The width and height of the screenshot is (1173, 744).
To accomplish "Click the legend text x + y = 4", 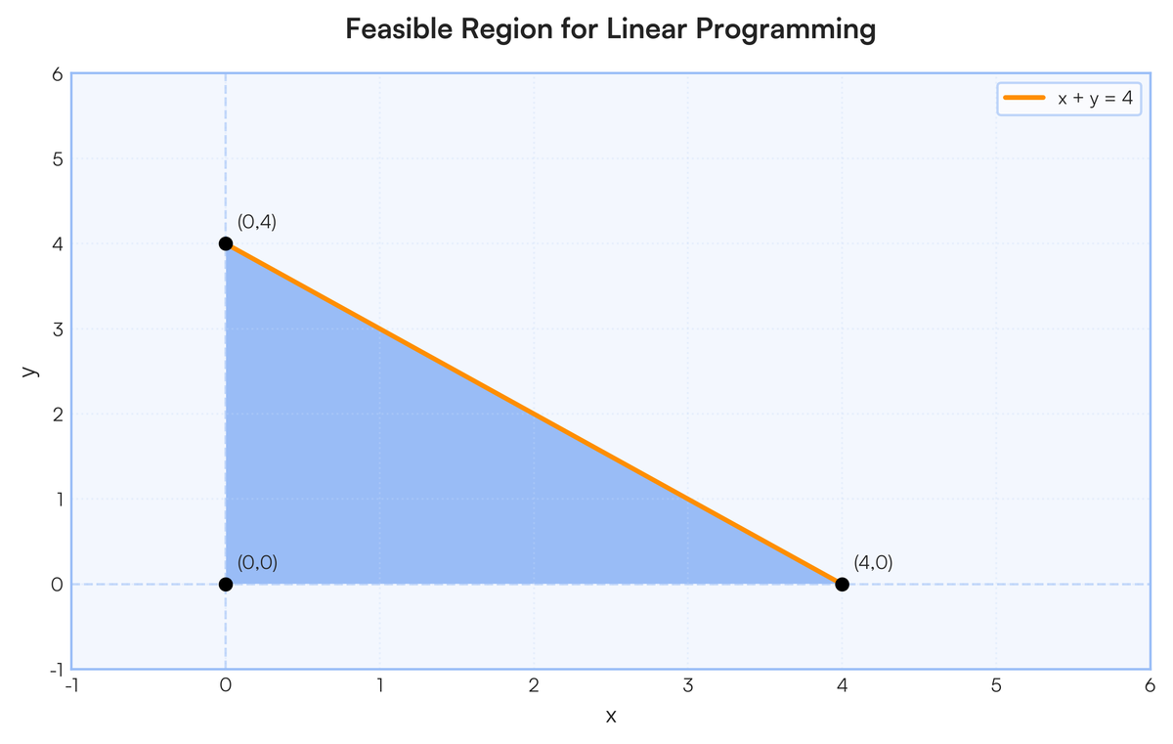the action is tap(1095, 98).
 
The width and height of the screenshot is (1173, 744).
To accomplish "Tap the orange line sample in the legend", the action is tap(1023, 98).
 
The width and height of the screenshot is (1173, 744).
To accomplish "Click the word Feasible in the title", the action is tap(399, 28).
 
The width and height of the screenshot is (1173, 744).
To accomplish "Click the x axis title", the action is tap(611, 717).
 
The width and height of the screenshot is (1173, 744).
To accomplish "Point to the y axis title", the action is tap(30, 371).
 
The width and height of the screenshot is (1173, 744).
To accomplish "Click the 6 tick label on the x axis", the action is tap(1150, 685).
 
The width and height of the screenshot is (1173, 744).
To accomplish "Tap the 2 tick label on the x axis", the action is tap(534, 685).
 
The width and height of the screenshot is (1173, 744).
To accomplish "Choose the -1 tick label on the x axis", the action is tap(71, 685).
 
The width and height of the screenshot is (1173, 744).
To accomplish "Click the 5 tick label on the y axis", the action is tap(58, 159).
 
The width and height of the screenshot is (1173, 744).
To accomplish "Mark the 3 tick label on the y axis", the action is tap(58, 329).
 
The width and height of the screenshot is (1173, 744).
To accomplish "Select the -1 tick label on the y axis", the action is tap(56, 670).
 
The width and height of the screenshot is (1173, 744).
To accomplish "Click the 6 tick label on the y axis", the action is tap(58, 74).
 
